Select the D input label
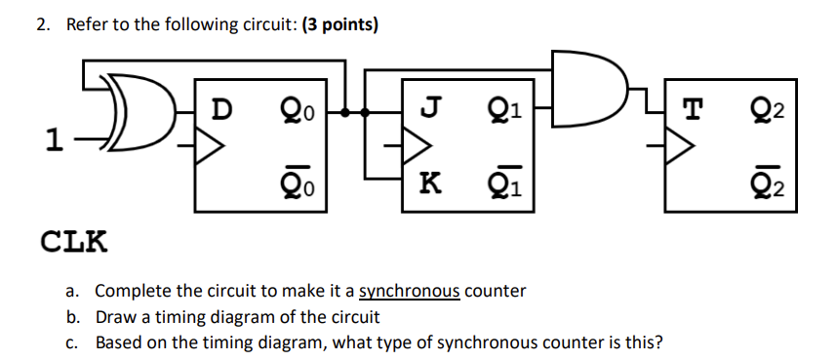(222, 108)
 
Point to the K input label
(426, 181)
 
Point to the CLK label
(73, 240)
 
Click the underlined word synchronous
(410, 291)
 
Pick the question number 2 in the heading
(42, 24)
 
